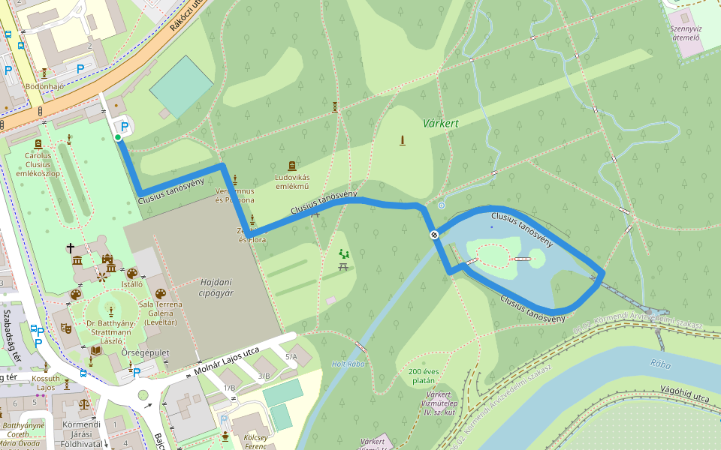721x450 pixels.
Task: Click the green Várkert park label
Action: [x=440, y=123]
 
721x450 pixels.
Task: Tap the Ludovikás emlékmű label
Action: [x=292, y=181]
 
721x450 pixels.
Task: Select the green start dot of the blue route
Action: [x=118, y=138]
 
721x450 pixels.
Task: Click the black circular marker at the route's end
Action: [x=434, y=235]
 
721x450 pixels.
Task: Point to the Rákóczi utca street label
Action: [x=186, y=15]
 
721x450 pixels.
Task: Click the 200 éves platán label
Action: [x=423, y=376]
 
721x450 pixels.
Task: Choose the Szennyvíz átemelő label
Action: [x=685, y=32]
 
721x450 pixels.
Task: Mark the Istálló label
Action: [x=132, y=285]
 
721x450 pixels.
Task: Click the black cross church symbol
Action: [x=71, y=247]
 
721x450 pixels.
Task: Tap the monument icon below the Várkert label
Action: [x=403, y=140]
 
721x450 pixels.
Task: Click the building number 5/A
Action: [x=291, y=357]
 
